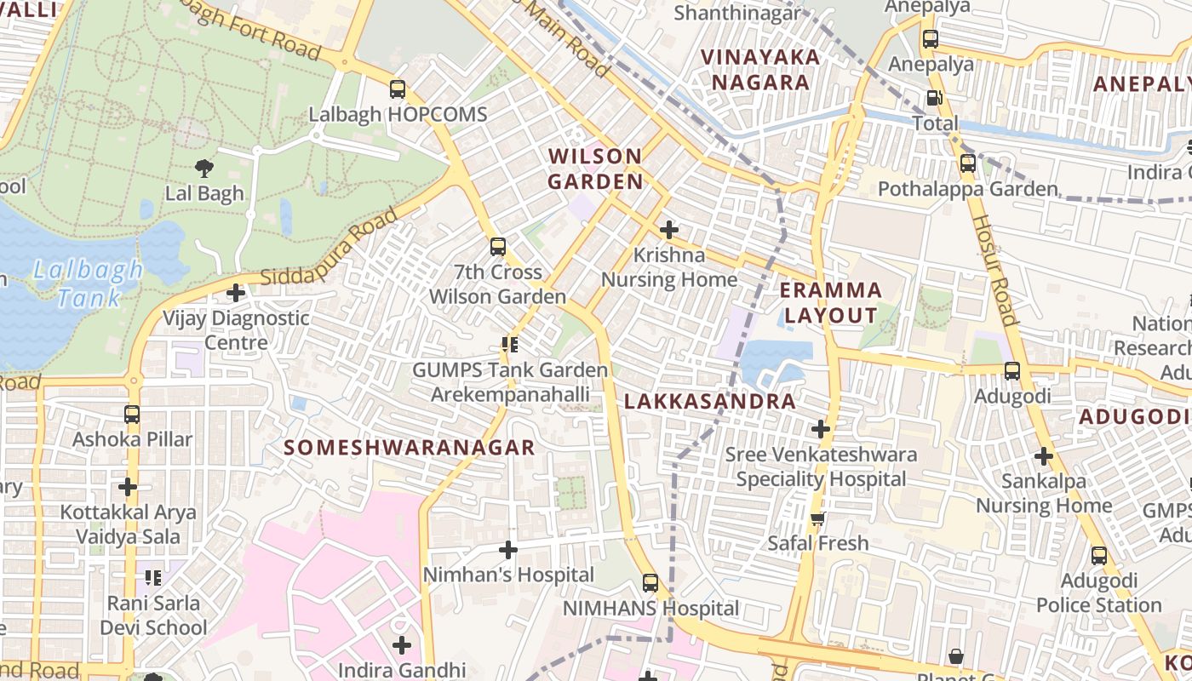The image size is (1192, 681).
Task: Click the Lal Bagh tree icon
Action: [204, 168]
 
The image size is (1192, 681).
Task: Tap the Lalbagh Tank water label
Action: [89, 283]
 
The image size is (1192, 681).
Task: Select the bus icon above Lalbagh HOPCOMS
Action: [397, 89]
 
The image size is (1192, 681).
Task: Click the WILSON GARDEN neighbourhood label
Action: [595, 169]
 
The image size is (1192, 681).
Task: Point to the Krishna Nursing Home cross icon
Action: [669, 229]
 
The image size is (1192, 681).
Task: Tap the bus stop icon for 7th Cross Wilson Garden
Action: [498, 247]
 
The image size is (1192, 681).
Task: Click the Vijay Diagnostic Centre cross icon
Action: [236, 293]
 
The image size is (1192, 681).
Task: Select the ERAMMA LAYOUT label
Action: [830, 302]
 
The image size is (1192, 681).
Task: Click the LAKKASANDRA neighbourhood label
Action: [710, 402]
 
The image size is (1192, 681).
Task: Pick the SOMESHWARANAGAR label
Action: [410, 447]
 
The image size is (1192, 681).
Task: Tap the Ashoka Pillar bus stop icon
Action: [132, 415]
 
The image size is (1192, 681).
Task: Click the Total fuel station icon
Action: [934, 98]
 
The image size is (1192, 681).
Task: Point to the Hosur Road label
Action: [994, 271]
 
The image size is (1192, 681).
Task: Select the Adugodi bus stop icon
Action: [1012, 371]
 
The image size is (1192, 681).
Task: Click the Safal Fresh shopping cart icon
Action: [817, 518]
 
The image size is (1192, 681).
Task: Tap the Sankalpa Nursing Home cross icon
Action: [1044, 456]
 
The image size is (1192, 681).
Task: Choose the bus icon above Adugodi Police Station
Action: [1099, 556]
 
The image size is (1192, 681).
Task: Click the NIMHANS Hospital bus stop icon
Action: [650, 583]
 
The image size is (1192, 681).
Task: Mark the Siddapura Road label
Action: [329, 247]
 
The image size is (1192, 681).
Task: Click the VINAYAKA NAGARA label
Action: [760, 70]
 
